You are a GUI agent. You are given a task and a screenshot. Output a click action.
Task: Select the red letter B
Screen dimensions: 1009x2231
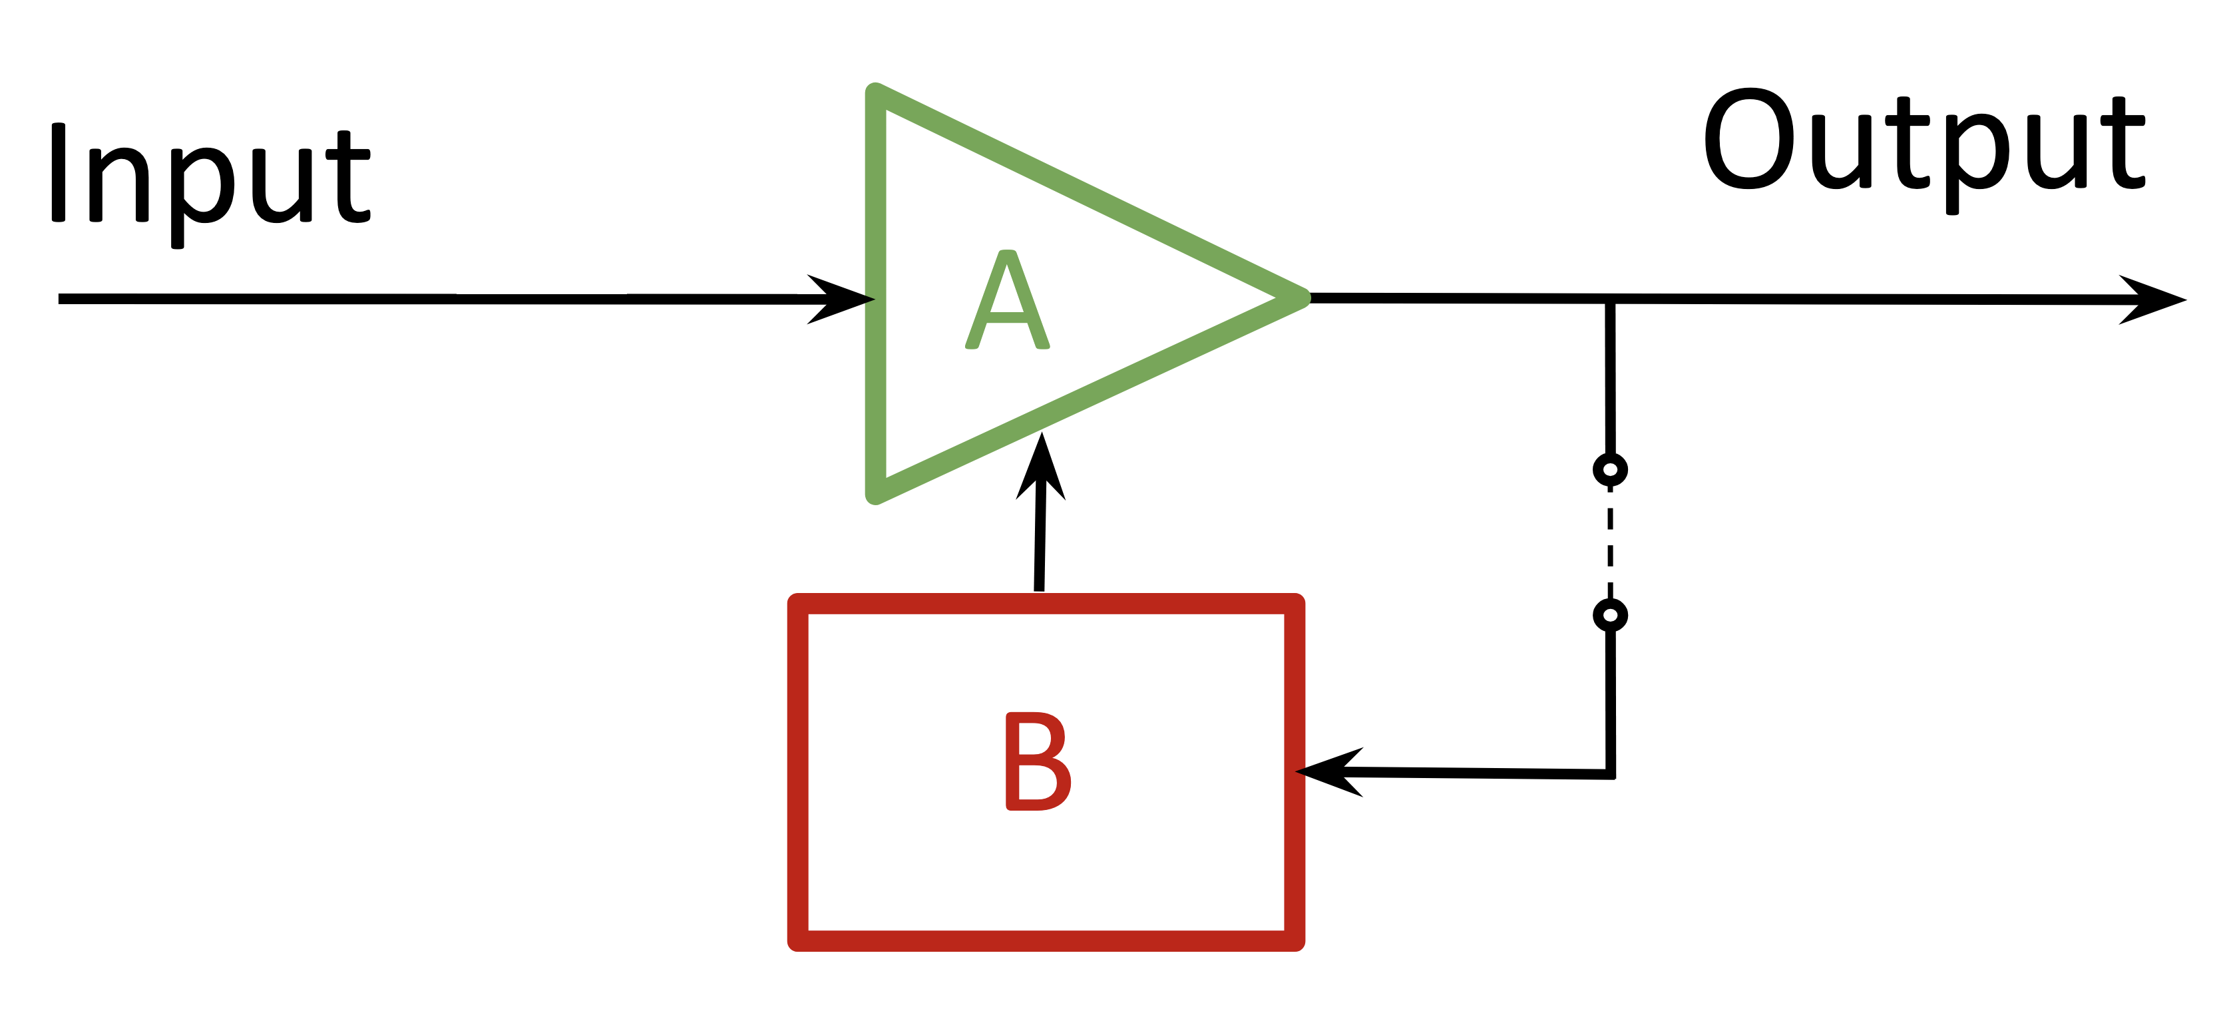(1038, 762)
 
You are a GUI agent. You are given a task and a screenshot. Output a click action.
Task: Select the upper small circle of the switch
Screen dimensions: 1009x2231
(1610, 469)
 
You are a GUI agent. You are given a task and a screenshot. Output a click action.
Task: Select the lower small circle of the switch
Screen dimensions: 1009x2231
(1610, 615)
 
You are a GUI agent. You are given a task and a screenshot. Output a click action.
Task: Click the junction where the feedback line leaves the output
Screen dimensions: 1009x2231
(1610, 300)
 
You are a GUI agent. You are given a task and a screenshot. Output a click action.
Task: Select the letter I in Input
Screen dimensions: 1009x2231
(58, 172)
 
